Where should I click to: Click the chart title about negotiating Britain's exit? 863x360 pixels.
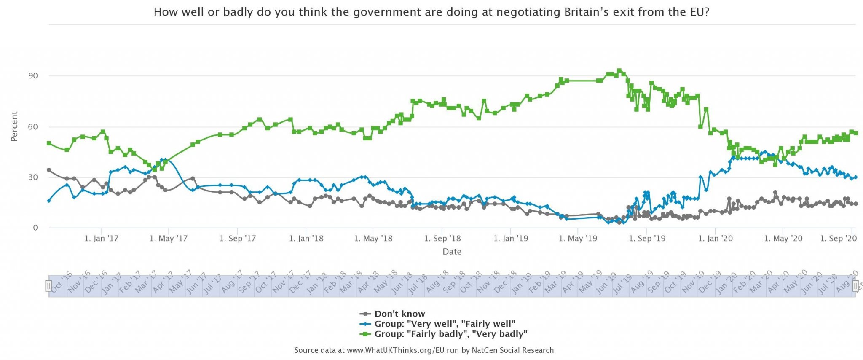[x=431, y=12]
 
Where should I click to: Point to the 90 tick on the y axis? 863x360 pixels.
[x=33, y=76]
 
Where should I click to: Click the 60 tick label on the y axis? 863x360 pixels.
[x=33, y=127]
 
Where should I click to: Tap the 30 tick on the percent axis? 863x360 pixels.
[x=33, y=177]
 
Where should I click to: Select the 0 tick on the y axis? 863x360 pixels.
[x=35, y=228]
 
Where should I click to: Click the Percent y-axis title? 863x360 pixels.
[x=14, y=126]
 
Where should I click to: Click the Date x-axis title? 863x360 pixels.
[x=452, y=252]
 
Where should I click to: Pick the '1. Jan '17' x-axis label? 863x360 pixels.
[x=102, y=239]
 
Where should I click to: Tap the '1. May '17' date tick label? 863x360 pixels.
[x=169, y=239]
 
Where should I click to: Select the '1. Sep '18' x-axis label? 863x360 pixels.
[x=442, y=239]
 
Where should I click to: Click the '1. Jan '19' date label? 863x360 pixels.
[x=511, y=239]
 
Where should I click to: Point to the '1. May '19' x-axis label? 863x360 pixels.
[x=578, y=239]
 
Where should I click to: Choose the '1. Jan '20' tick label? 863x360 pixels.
[x=716, y=239]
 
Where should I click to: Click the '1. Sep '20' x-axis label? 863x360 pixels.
[x=839, y=239]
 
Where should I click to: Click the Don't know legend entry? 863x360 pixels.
[x=399, y=314]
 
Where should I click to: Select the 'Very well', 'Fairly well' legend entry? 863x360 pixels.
[x=444, y=324]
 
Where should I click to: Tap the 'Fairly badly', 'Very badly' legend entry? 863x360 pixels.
[x=450, y=334]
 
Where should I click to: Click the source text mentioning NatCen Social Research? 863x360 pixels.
[x=424, y=350]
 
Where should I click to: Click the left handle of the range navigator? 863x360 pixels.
[x=48, y=286]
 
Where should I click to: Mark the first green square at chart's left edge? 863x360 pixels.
[x=49, y=143]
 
